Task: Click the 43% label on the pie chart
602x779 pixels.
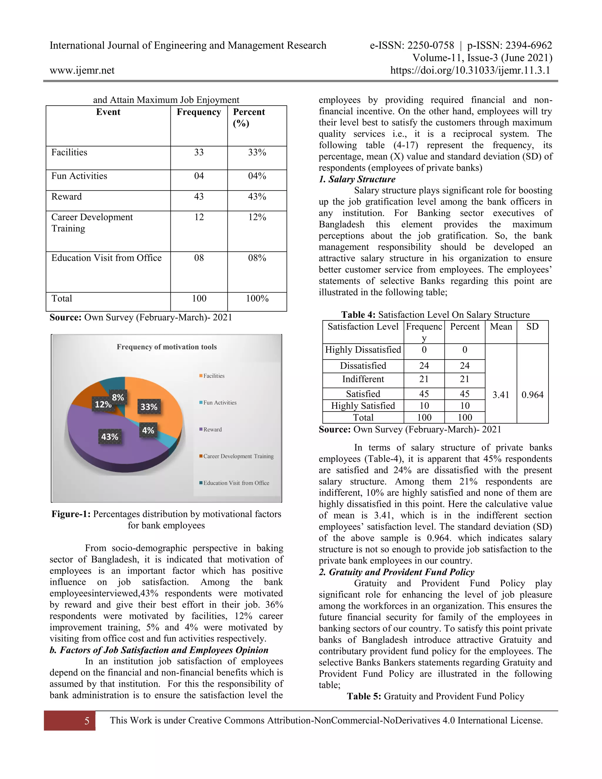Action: point(109,437)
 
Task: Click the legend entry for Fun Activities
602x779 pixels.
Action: point(219,402)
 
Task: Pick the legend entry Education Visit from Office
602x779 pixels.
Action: point(236,483)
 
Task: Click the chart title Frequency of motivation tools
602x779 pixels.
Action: point(167,347)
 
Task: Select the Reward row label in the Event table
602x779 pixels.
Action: point(67,197)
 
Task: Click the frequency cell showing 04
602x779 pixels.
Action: point(199,176)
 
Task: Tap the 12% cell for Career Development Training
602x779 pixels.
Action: point(257,217)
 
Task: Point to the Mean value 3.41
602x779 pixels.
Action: point(501,395)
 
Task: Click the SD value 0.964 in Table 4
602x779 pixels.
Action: point(532,395)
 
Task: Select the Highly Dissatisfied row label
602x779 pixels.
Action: point(363,350)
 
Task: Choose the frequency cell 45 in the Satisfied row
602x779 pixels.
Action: point(424,394)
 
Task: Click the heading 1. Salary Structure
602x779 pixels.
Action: point(357,179)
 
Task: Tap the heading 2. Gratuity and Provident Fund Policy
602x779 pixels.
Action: point(396,572)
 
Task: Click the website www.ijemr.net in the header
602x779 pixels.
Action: point(82,70)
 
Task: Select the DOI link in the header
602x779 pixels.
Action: point(470,70)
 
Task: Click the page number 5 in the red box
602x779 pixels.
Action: point(87,721)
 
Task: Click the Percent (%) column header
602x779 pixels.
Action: point(249,117)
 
